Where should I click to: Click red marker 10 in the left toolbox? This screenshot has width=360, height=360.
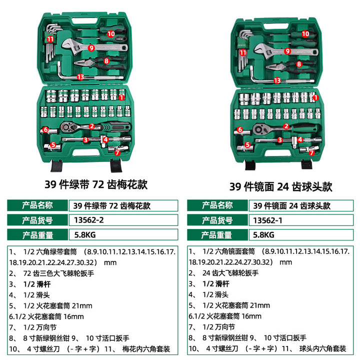(x=111, y=34)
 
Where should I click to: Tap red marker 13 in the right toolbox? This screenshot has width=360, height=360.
(x=277, y=80)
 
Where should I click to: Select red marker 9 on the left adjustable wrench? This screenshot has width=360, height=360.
(x=91, y=48)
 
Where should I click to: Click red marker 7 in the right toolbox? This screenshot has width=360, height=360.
(x=311, y=152)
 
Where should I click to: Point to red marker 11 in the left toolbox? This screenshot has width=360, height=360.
(x=50, y=39)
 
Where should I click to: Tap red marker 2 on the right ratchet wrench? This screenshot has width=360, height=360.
(x=286, y=126)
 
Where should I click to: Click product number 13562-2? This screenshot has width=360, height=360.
(x=89, y=220)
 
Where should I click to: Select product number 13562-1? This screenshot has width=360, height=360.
(x=267, y=220)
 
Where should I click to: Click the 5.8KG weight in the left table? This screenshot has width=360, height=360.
(x=85, y=235)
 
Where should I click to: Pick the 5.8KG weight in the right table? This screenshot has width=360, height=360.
(x=263, y=235)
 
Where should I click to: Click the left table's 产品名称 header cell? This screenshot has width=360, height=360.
(x=37, y=205)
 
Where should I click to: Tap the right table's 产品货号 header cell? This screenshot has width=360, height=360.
(x=217, y=220)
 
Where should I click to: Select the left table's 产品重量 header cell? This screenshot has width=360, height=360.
(x=37, y=235)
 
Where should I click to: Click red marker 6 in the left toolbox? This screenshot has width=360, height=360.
(x=45, y=129)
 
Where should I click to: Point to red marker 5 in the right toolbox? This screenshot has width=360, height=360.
(x=247, y=145)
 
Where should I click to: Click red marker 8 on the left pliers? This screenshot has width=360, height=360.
(x=106, y=61)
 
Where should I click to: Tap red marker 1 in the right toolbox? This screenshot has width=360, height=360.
(x=316, y=97)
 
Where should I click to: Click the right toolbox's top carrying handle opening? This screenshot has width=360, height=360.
(x=276, y=26)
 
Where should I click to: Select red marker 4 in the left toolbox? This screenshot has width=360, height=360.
(x=105, y=139)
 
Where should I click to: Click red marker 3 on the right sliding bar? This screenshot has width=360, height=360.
(x=279, y=140)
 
